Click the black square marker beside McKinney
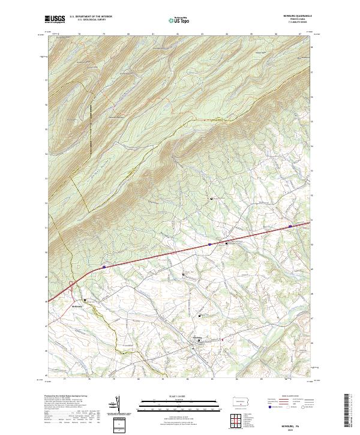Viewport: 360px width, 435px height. tap(85, 300)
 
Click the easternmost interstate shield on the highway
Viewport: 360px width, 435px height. tap(290, 226)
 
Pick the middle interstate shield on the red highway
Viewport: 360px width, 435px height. tap(209, 244)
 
